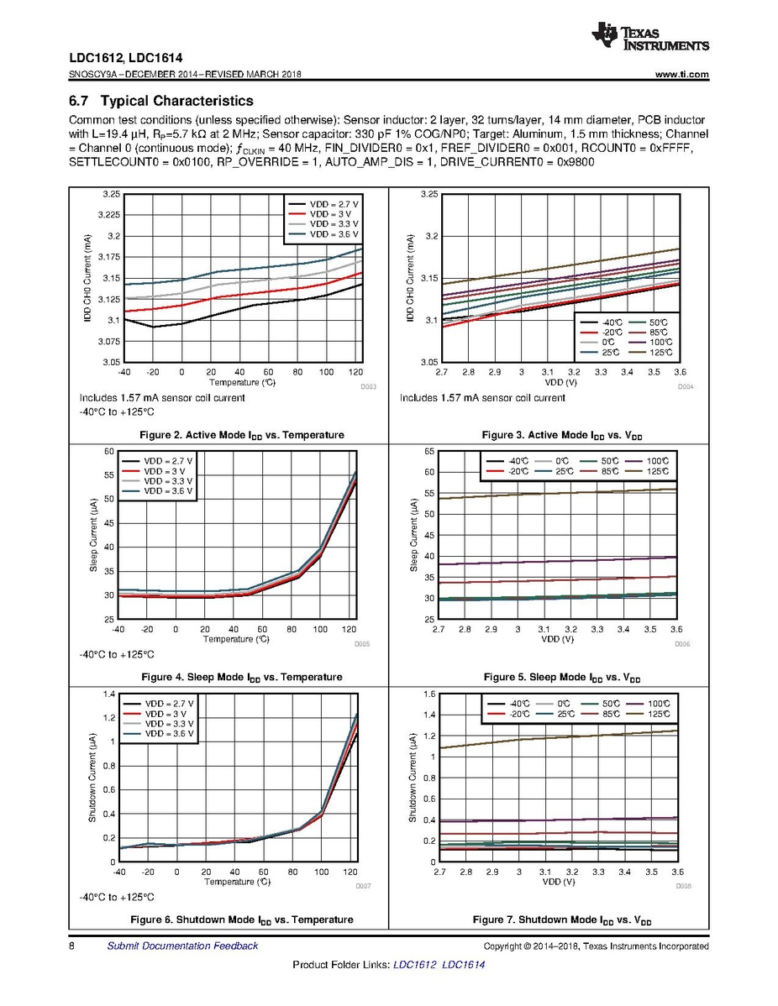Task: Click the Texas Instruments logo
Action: [650, 36]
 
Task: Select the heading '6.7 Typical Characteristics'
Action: [160, 102]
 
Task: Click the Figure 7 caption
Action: [562, 920]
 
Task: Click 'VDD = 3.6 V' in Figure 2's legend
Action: [334, 233]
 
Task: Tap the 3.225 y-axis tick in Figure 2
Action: [110, 215]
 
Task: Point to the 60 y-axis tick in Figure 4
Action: [108, 452]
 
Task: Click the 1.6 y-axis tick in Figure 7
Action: [428, 694]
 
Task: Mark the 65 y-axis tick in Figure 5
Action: [428, 452]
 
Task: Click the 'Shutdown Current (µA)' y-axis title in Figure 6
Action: [94, 777]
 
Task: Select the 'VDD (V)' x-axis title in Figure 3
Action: [558, 381]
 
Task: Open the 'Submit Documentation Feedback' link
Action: [182, 946]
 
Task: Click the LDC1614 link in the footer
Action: [463, 964]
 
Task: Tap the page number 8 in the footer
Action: [72, 946]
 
